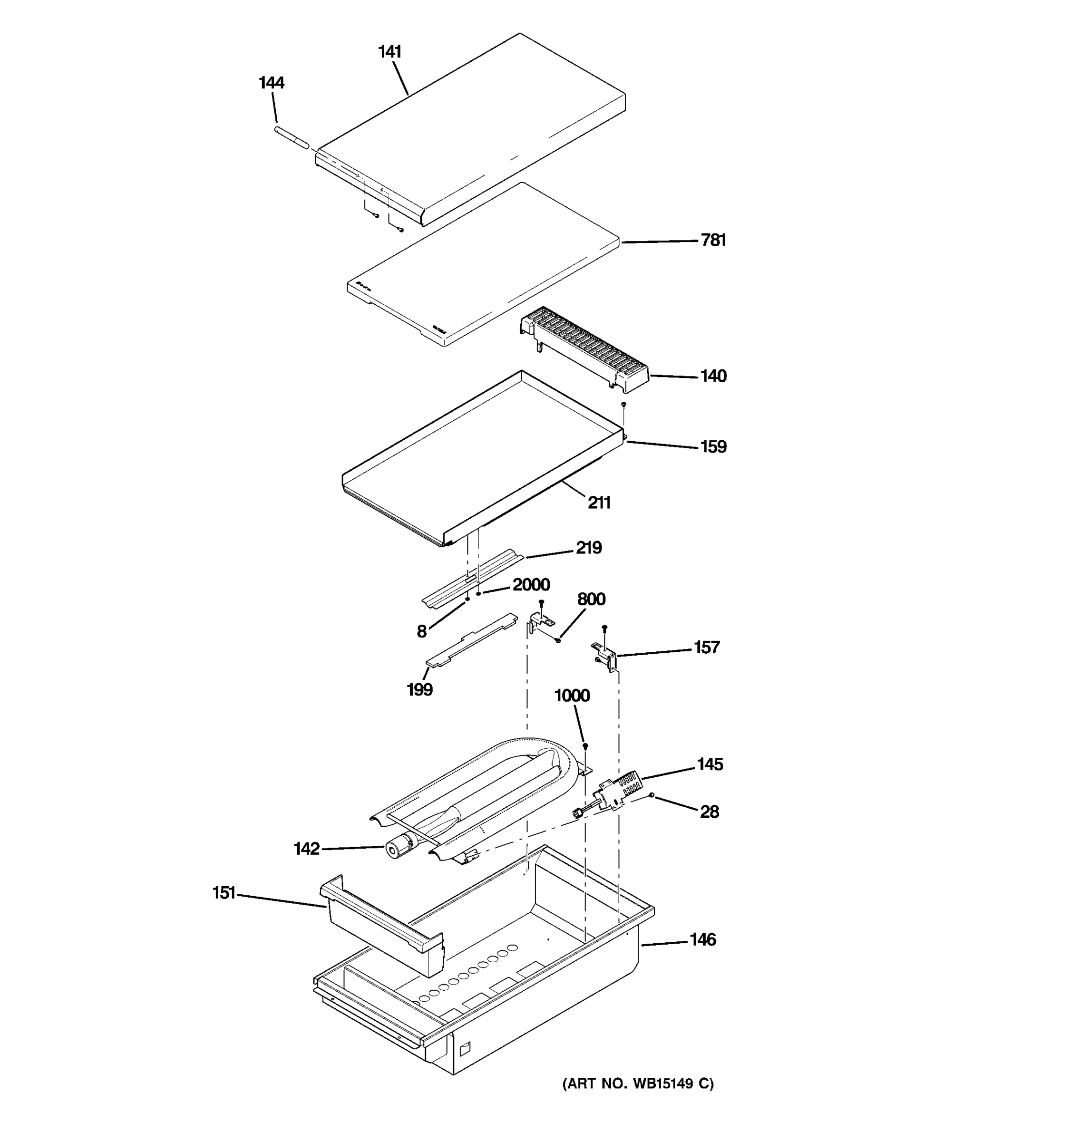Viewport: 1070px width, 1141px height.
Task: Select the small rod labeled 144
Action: click(x=292, y=138)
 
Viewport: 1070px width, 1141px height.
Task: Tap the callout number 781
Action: click(x=713, y=240)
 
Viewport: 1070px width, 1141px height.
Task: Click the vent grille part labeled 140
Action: click(x=585, y=349)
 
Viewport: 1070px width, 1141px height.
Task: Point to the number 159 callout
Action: click(x=713, y=446)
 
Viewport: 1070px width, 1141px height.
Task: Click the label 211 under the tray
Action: click(x=599, y=503)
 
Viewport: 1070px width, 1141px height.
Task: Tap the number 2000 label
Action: click(x=531, y=584)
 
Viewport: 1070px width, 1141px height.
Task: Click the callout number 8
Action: click(x=421, y=632)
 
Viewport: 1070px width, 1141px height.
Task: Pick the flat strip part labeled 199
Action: click(x=471, y=639)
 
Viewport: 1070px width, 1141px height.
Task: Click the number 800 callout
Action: click(x=591, y=599)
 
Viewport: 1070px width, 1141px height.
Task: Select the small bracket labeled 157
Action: click(x=605, y=656)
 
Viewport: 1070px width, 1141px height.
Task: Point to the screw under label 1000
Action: click(x=585, y=746)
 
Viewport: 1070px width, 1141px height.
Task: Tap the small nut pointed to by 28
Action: click(x=652, y=795)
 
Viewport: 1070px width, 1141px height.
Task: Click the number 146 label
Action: click(x=702, y=939)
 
